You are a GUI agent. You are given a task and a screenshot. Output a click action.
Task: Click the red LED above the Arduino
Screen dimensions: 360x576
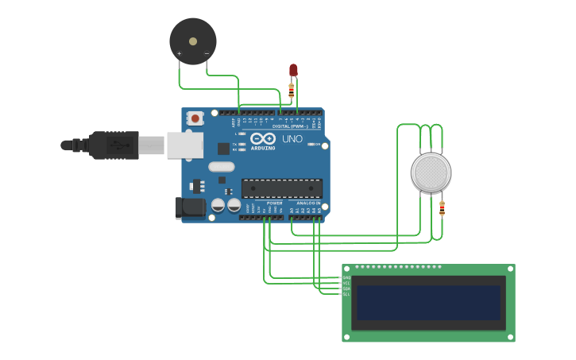coord(293,70)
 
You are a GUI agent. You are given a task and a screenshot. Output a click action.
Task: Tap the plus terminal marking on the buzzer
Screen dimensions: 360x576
coord(179,54)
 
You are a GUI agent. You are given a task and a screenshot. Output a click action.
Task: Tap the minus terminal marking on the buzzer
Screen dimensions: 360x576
coord(207,54)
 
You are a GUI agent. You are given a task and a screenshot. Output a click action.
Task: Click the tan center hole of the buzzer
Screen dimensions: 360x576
coord(192,41)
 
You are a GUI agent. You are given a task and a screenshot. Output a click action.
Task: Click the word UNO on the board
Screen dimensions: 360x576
coord(293,139)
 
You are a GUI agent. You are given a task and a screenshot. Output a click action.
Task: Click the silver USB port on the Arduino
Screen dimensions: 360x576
coord(184,145)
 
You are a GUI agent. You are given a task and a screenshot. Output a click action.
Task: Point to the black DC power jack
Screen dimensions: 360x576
coord(190,207)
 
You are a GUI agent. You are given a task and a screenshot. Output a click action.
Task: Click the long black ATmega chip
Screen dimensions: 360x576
coord(281,188)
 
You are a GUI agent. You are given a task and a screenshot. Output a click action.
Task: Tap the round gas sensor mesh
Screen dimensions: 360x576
coord(431,172)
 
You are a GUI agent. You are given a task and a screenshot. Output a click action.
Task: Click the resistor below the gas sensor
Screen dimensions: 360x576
coord(442,209)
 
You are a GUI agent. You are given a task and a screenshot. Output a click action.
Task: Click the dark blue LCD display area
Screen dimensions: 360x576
coord(428,303)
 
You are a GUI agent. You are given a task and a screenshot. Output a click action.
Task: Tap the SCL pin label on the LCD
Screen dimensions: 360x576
coord(346,295)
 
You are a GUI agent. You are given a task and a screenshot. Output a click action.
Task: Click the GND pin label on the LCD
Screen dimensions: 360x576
coord(346,278)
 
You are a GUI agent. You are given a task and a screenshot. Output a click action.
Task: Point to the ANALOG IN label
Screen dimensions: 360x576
coord(308,203)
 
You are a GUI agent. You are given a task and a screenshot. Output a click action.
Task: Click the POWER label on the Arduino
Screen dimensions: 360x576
coord(274,203)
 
